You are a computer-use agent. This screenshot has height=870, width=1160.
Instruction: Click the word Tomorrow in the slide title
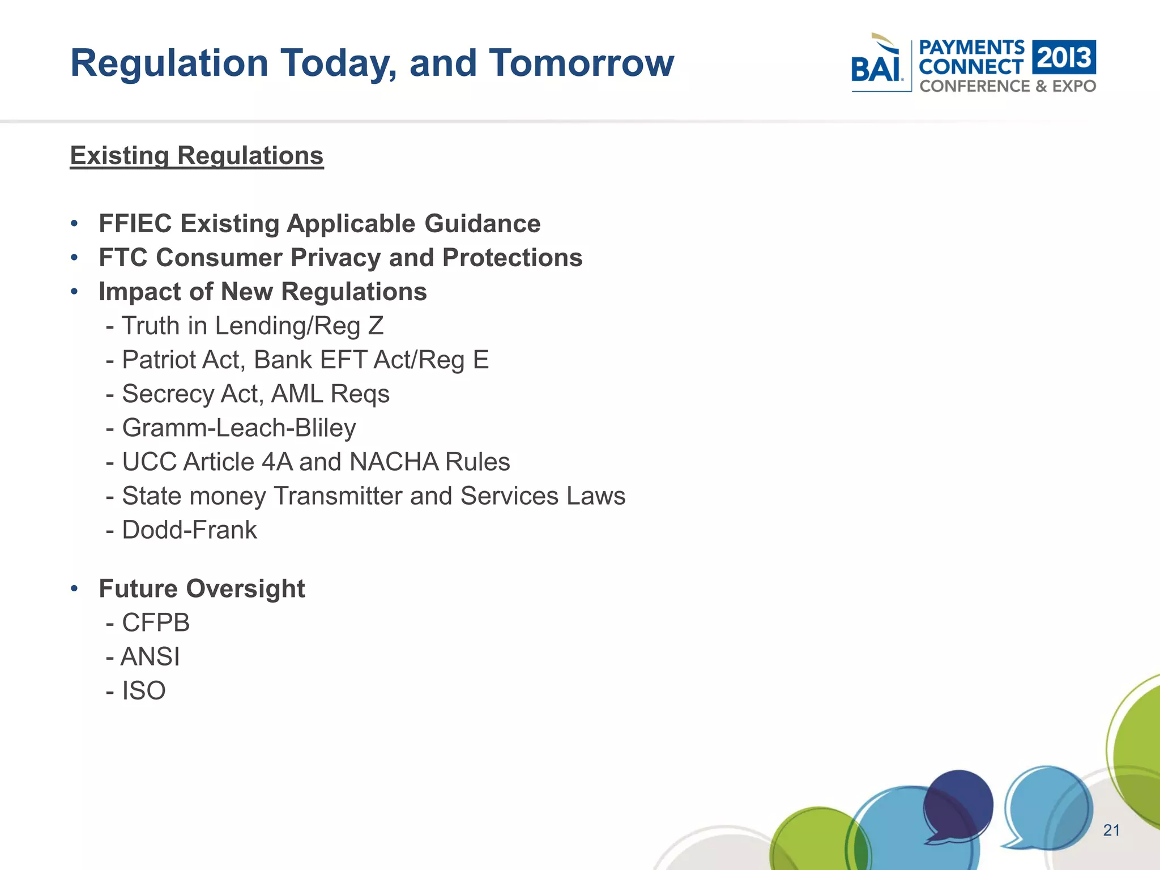pos(582,63)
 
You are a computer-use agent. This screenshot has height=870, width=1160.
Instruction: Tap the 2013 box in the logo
pos(1064,57)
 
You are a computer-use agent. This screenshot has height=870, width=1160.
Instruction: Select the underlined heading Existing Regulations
pos(197,156)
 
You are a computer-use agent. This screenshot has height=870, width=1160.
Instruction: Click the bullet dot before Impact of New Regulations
pos(74,292)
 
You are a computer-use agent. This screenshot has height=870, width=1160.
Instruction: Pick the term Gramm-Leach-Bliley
pos(239,428)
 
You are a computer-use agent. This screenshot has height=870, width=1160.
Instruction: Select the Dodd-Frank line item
pos(189,530)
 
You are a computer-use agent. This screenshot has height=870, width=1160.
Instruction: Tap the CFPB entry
pos(156,623)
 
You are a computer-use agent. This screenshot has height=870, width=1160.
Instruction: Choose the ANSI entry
pos(150,657)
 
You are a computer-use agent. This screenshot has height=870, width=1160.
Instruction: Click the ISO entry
pos(144,691)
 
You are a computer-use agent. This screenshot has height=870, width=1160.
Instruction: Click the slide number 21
pos(1111,830)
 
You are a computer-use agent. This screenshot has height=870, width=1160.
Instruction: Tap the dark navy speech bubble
pos(958,805)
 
